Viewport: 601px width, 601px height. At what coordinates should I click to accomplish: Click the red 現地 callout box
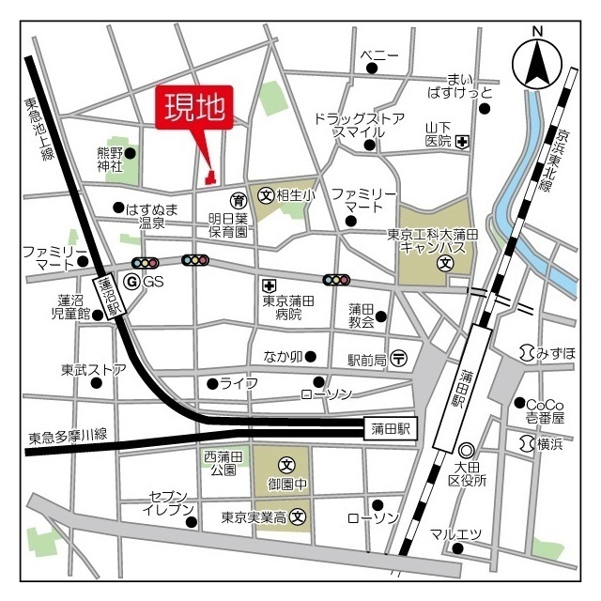(195, 109)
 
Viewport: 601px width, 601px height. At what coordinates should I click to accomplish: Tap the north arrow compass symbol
(537, 63)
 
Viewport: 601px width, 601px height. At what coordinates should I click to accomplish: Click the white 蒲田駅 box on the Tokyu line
(391, 429)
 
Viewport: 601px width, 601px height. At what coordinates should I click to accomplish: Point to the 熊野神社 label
(111, 159)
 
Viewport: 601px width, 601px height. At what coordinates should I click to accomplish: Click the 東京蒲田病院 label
(287, 307)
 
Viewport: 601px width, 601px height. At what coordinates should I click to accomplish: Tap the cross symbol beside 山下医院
(462, 142)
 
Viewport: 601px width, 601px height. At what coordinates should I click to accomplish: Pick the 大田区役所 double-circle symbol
(466, 450)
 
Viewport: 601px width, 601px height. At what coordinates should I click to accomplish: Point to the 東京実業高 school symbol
(299, 516)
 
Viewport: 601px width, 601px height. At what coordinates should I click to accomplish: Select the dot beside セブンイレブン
(190, 522)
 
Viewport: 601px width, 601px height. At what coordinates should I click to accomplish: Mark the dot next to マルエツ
(457, 548)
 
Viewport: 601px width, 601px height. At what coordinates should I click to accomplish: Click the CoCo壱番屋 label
(546, 409)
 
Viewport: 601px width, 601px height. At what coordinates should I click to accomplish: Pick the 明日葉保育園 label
(227, 223)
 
